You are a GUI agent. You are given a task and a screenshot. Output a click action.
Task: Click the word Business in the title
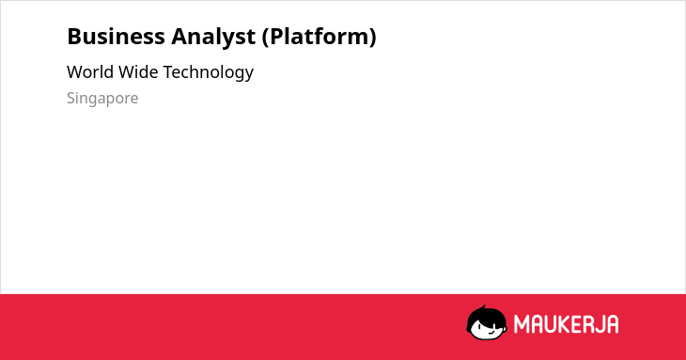116,37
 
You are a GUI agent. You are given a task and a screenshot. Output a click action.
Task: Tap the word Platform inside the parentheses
319,37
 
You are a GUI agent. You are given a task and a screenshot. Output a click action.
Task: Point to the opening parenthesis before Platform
265,38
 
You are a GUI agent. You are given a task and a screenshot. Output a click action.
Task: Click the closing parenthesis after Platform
373,38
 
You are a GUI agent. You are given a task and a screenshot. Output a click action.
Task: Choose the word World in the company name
90,72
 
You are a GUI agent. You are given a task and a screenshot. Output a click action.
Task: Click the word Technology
209,72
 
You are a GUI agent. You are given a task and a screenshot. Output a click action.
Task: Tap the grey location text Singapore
102,99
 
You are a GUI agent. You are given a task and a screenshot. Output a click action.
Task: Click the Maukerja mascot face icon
487,323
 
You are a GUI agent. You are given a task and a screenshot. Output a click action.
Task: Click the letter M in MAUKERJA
521,324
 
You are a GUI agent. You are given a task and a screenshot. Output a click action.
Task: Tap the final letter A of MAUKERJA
612,324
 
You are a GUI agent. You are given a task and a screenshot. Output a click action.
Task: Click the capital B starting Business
74,37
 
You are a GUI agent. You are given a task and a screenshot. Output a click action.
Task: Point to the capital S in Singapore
71,98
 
